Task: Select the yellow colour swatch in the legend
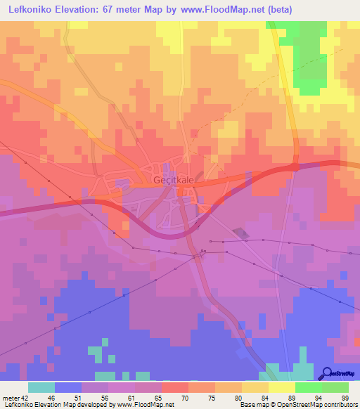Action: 281,387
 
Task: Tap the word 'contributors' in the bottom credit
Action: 340,405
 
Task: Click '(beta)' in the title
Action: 277,10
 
